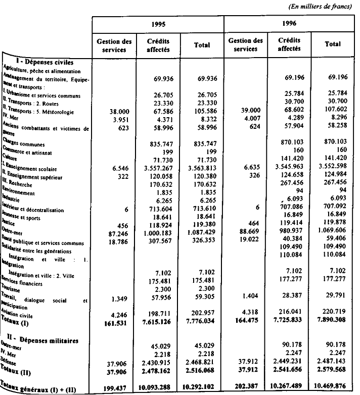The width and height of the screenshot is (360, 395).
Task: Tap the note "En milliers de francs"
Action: [x=320, y=7]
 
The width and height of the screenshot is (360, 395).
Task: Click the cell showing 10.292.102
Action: [x=202, y=387]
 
